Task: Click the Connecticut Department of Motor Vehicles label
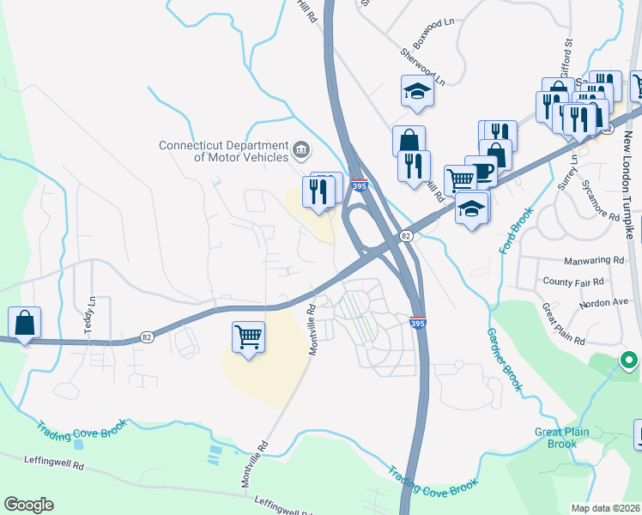tap(224, 150)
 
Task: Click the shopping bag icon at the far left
tap(25, 323)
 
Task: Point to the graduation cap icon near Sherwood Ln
tap(416, 92)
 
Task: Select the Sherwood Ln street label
tap(424, 67)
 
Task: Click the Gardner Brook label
tap(504, 360)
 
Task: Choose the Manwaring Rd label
tap(595, 260)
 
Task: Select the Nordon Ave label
tap(604, 301)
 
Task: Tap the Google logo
tap(28, 505)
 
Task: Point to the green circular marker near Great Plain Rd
tap(628, 360)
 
